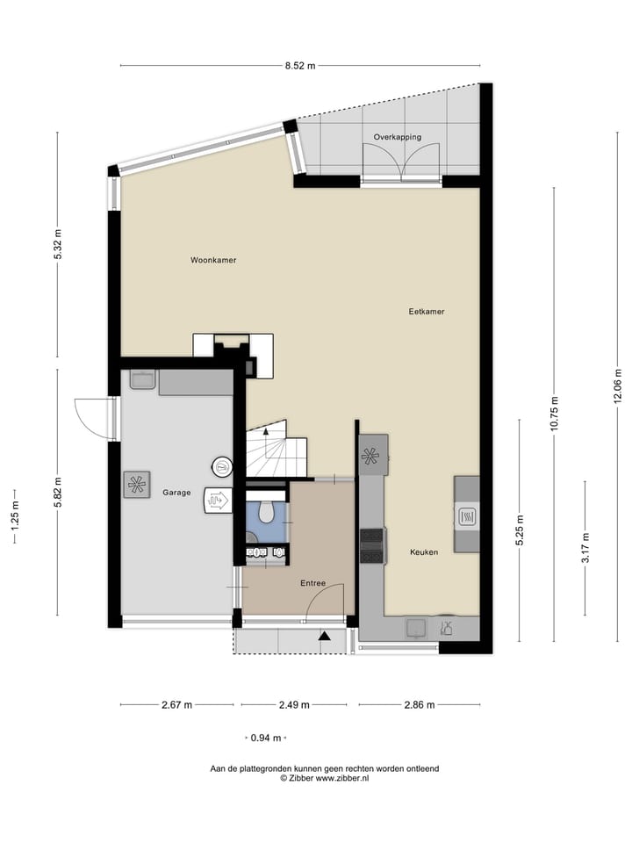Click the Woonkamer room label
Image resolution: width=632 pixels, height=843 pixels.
click(214, 260)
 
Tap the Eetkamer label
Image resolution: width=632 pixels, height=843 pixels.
click(427, 312)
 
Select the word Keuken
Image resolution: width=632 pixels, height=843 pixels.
click(424, 552)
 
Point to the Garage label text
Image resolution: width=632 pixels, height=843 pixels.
click(176, 493)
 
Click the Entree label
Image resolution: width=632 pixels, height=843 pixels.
click(312, 583)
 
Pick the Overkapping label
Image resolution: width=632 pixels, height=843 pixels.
click(398, 137)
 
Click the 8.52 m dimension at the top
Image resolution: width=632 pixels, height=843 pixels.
click(299, 65)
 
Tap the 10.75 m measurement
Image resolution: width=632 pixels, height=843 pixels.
click(555, 414)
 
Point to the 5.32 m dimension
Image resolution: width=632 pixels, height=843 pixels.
click(58, 245)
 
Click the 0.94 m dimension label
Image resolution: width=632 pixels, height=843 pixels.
click(265, 738)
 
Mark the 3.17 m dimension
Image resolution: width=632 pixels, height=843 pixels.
click(585, 550)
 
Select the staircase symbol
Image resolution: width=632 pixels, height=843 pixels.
click(274, 450)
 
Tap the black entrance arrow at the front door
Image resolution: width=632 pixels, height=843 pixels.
click(326, 636)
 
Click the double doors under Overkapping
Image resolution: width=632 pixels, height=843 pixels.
click(401, 162)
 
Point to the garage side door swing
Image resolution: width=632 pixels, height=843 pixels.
click(92, 418)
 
